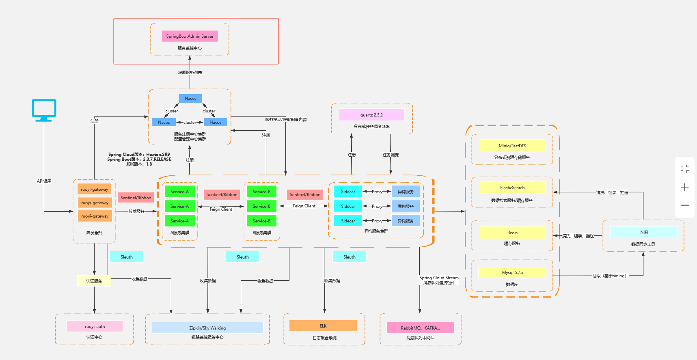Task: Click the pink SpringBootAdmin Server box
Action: tap(190, 36)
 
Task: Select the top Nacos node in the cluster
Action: tap(190, 98)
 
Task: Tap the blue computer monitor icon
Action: tap(44, 110)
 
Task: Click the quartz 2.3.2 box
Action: tap(371, 115)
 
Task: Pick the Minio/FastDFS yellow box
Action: tap(512, 146)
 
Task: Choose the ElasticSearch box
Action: tap(512, 188)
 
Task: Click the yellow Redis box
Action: tap(512, 233)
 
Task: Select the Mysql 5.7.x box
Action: tap(512, 272)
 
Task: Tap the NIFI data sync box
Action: tap(644, 232)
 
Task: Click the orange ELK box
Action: tap(323, 326)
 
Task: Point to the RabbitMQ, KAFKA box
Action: tap(420, 328)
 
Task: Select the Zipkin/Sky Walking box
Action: tap(207, 328)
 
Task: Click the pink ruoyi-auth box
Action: tap(95, 326)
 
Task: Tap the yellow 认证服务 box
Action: tap(94, 281)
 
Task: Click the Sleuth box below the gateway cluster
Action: tap(126, 257)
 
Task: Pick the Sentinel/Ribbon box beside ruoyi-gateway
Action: tap(136, 198)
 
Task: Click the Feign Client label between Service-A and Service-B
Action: tap(221, 209)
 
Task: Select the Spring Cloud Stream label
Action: tap(439, 278)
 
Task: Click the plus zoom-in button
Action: tap(685, 187)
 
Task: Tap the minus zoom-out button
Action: tap(685, 205)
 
